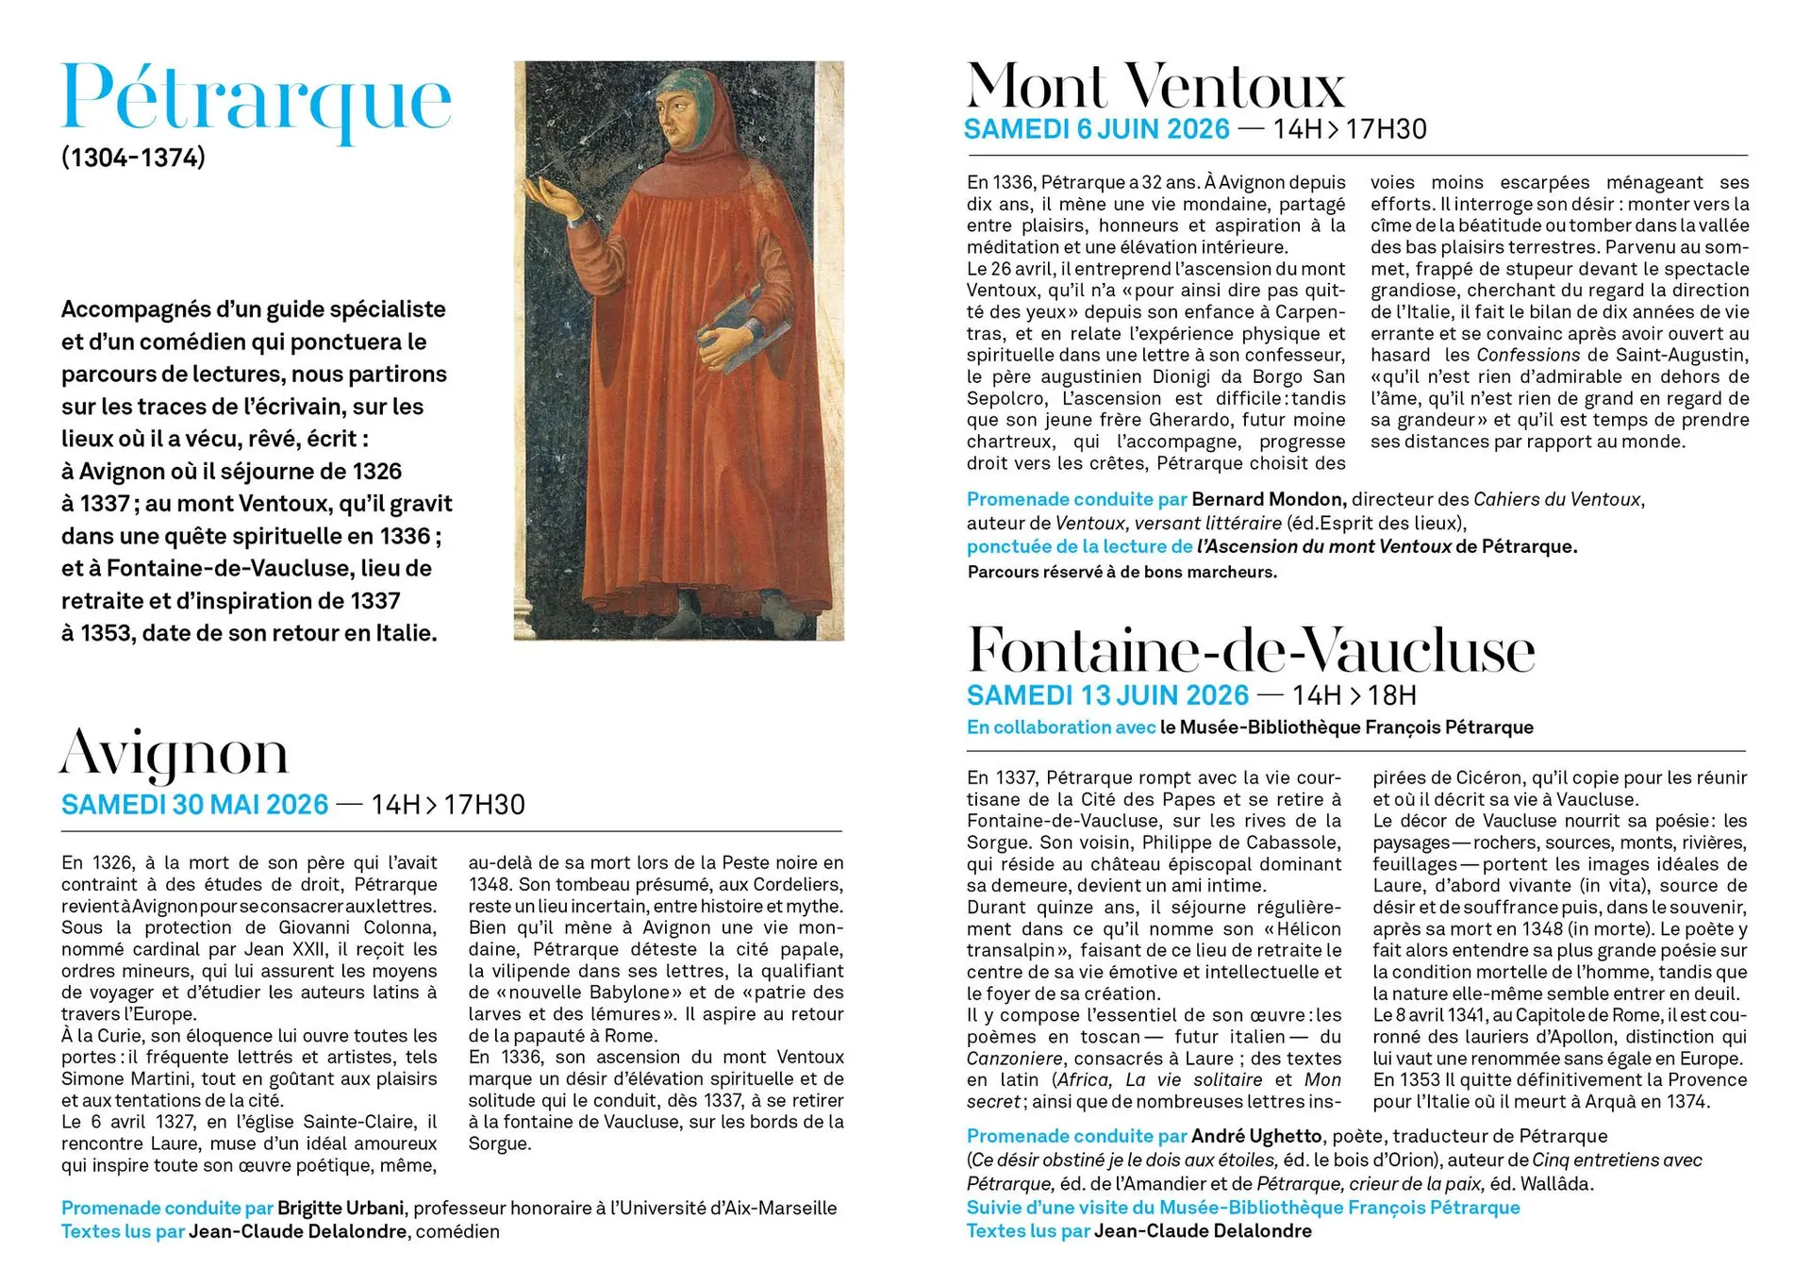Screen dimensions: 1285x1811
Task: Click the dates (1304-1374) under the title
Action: [133, 157]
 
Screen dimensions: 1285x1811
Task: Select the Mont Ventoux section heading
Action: [1155, 86]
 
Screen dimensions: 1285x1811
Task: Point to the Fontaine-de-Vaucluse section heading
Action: [1251, 650]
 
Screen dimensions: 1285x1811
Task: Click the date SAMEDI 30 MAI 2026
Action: [195, 805]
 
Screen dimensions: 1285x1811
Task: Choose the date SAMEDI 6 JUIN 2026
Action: [1097, 129]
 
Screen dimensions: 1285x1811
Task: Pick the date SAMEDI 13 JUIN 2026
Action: [1107, 695]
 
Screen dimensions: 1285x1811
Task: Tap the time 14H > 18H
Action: [1354, 695]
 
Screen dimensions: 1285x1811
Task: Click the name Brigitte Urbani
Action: [341, 1208]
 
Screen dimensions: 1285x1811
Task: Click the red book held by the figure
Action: [745, 325]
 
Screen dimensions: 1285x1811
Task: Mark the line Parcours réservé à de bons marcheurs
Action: [1121, 572]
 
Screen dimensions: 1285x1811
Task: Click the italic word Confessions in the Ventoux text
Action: [1527, 355]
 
